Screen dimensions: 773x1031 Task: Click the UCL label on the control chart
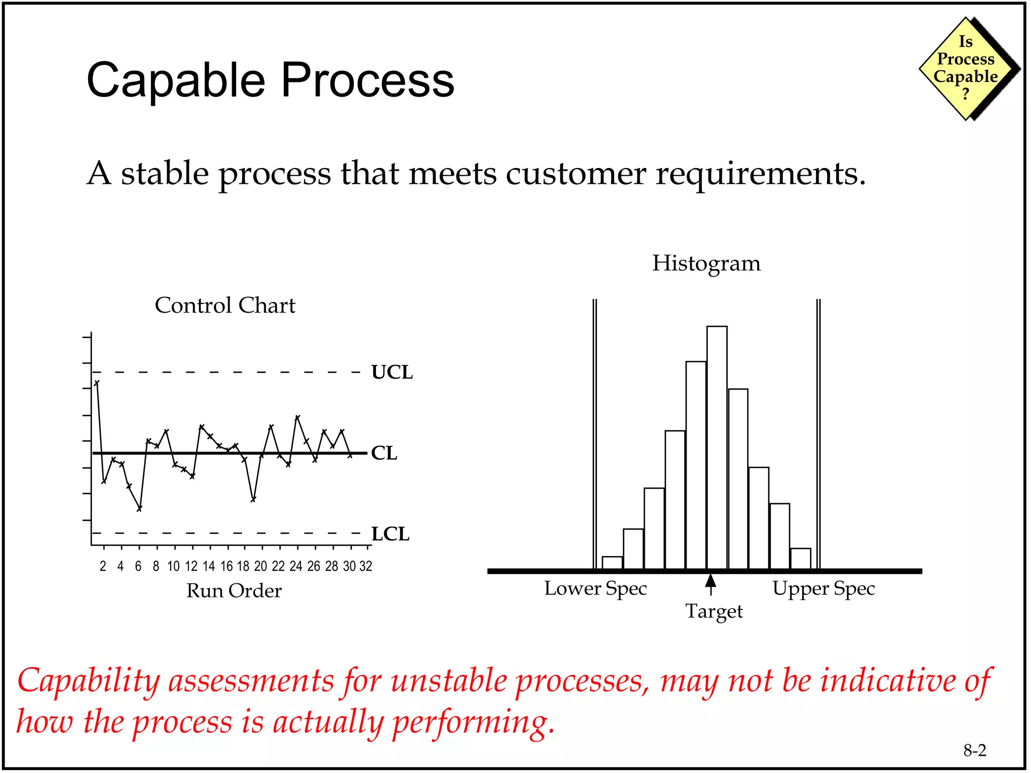(x=392, y=372)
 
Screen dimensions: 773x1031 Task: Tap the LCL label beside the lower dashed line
(x=390, y=534)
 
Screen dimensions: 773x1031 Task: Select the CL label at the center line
(x=384, y=453)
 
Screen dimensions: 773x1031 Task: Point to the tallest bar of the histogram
(x=716, y=448)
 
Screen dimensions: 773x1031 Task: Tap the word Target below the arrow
(x=714, y=611)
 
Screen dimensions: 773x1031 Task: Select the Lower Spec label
(x=595, y=588)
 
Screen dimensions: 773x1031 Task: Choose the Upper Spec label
(x=824, y=588)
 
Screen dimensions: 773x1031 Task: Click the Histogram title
(x=706, y=263)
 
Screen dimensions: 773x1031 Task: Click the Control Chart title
(x=225, y=305)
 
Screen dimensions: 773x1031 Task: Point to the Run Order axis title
(x=234, y=591)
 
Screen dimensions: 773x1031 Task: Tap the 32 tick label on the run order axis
(x=366, y=567)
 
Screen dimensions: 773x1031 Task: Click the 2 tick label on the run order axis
(x=103, y=567)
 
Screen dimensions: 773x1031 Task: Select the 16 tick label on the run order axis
(x=227, y=567)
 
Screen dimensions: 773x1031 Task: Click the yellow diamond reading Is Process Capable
(x=966, y=68)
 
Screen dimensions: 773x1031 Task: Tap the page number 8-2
(x=975, y=751)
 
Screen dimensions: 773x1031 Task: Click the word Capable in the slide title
(x=176, y=81)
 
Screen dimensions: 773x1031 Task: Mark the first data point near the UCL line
(x=97, y=383)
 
